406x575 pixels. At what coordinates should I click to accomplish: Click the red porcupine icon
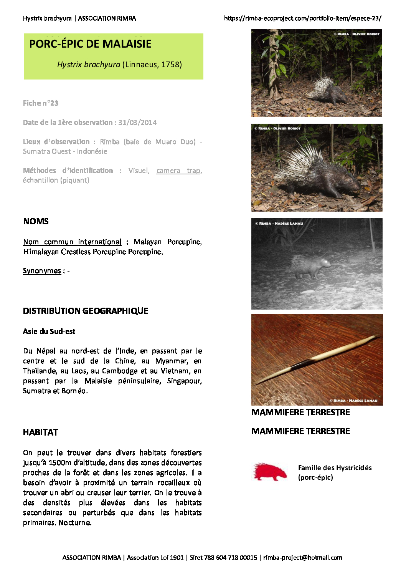pos(270,472)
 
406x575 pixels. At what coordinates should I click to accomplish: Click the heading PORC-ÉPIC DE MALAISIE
pos(90,44)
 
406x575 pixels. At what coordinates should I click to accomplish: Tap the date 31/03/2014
pos(137,123)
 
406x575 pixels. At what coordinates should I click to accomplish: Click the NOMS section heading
pos(36,222)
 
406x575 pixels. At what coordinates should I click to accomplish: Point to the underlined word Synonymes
pos(42,271)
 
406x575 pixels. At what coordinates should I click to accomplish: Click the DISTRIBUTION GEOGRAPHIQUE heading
pos(86,311)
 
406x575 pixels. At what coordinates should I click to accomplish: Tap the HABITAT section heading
pos(40,432)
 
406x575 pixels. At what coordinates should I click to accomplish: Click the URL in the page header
pos(302,18)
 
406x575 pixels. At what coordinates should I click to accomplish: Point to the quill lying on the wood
pos(317,360)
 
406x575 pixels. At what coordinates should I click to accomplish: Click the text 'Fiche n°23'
pos(41,103)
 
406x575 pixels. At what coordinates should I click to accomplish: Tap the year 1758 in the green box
pos(171,65)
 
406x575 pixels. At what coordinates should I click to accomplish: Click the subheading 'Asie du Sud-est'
pos(49,331)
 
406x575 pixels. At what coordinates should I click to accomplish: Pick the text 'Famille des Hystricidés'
pos(335,468)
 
